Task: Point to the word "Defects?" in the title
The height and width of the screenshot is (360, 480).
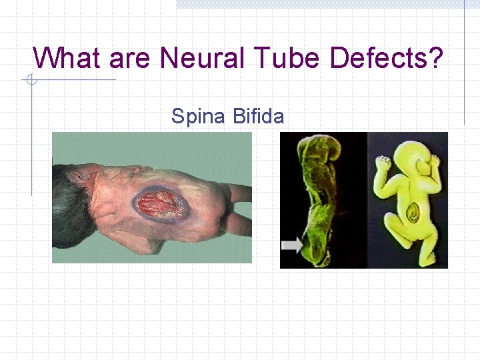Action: tap(387, 58)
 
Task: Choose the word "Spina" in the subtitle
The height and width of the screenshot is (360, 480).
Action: tap(198, 117)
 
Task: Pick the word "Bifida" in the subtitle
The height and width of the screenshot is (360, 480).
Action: tap(259, 117)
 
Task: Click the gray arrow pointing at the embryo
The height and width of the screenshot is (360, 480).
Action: tap(292, 245)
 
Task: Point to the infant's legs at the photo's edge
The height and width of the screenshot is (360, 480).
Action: tap(240, 207)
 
